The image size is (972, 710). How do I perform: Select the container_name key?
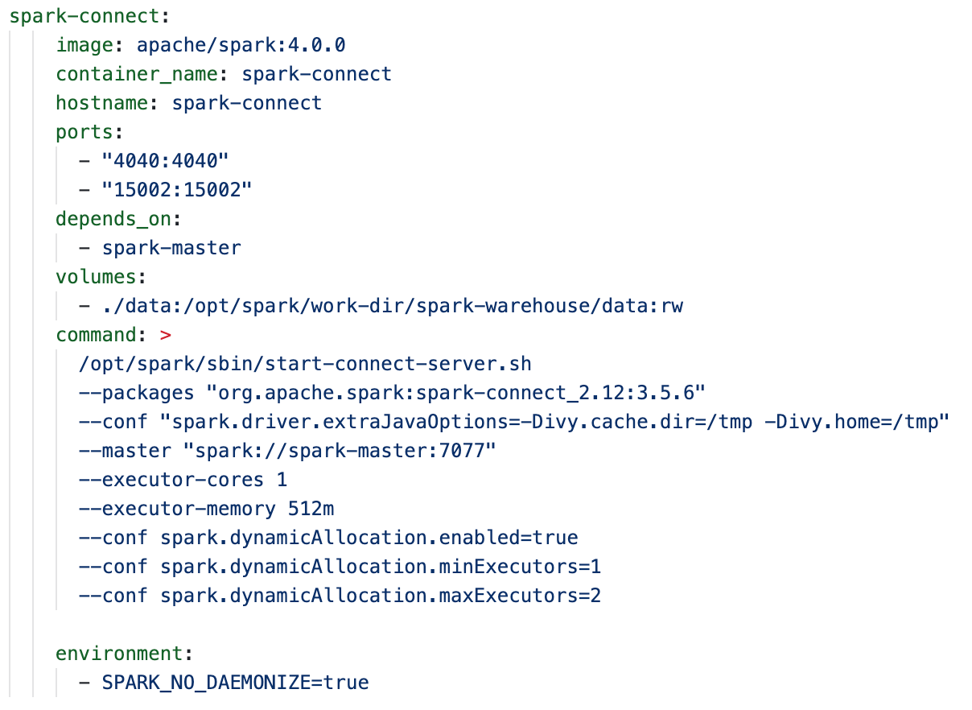(136, 74)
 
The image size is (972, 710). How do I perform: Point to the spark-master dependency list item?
(171, 248)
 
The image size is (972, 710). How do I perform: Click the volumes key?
(96, 277)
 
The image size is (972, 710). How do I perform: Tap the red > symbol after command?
(166, 335)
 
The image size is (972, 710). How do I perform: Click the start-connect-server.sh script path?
(305, 364)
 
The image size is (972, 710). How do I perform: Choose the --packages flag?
(136, 393)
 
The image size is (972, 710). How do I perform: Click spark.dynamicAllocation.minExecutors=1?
(381, 567)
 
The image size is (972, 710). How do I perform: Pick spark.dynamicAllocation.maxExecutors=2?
(381, 596)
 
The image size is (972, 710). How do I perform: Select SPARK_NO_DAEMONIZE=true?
(235, 683)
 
